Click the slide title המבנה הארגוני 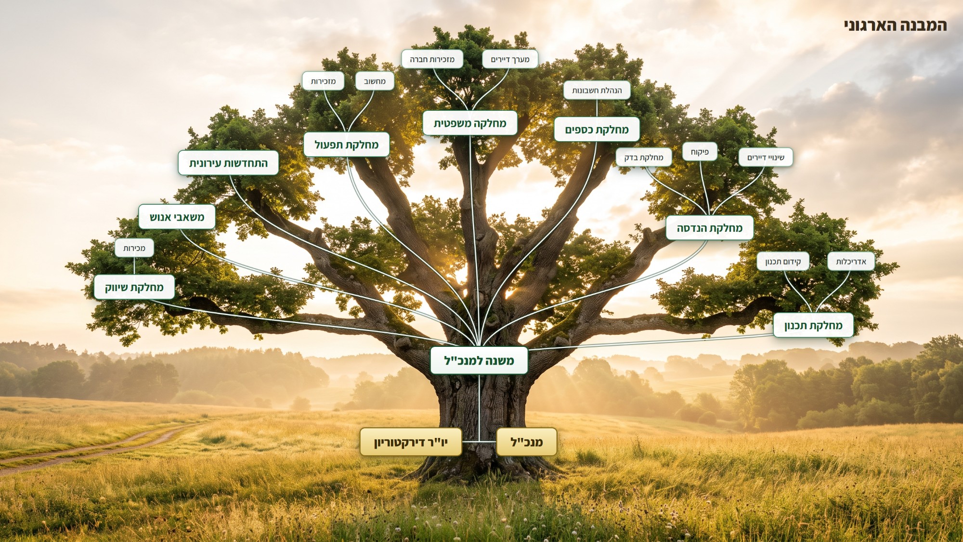(x=896, y=25)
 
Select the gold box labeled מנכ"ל (x=527, y=442)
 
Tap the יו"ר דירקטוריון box (x=411, y=442)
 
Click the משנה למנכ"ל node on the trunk (x=479, y=360)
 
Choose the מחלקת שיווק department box (x=134, y=287)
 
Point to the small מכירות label (x=134, y=248)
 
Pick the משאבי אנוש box (x=177, y=217)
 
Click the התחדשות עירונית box (x=228, y=163)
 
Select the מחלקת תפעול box (x=346, y=145)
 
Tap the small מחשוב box (x=375, y=81)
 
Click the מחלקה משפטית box (x=470, y=123)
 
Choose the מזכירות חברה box (x=432, y=59)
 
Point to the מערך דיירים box (x=510, y=59)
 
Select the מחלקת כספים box (x=597, y=129)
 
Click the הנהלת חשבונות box (x=597, y=90)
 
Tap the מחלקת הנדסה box (x=710, y=228)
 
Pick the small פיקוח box (x=700, y=152)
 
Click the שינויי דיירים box (x=766, y=157)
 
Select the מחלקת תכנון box (x=813, y=325)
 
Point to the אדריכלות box (x=851, y=261)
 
